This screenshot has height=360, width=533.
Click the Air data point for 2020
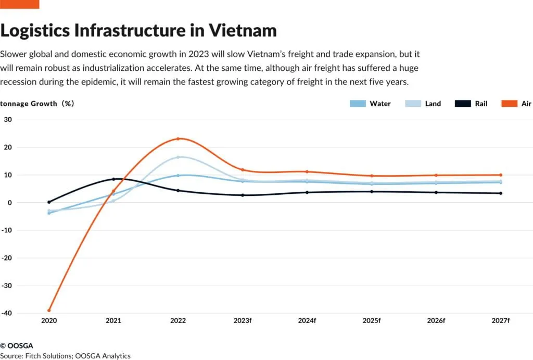pos(49,311)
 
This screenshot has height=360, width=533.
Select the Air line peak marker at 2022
pos(178,139)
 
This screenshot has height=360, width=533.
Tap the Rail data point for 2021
pos(113,179)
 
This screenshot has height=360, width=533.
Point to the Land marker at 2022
pos(178,157)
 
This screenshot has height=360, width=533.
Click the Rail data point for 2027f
pos(501,193)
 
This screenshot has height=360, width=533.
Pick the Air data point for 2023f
pos(243,170)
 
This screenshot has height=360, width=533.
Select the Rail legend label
pos(481,104)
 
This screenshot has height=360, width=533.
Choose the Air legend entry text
pos(526,104)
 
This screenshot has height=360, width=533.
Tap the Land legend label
pos(433,104)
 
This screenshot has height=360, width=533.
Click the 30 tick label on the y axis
pos(8,119)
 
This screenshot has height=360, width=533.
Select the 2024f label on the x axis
pos(307,321)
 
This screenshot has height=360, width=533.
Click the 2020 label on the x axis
pos(49,321)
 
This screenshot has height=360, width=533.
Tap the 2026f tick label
pos(436,321)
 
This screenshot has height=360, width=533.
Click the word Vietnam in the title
pos(243,30)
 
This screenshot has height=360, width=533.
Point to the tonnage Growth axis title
pos(36,104)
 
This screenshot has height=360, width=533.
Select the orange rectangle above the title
pos(19,4)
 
